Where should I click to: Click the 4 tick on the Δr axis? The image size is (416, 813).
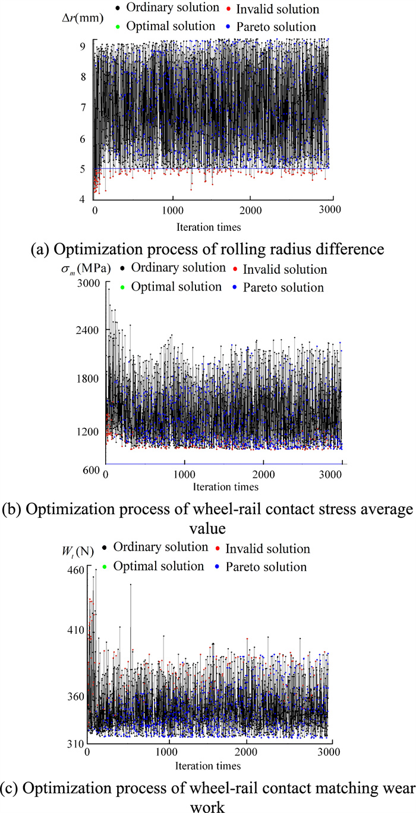[x=86, y=199]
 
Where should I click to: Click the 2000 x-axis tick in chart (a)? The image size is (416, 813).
[x=251, y=211]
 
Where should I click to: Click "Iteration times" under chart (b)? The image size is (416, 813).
[x=223, y=487]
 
